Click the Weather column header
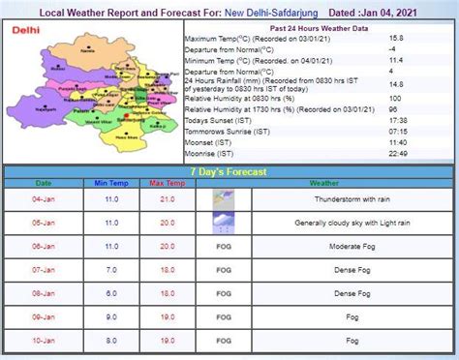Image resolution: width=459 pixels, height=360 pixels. click(323, 182)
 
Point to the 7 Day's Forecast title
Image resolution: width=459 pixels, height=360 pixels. click(229, 170)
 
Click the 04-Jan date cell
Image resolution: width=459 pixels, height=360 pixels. click(44, 198)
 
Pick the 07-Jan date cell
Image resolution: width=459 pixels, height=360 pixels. click(44, 269)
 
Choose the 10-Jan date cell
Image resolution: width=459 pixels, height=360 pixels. click(44, 340)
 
